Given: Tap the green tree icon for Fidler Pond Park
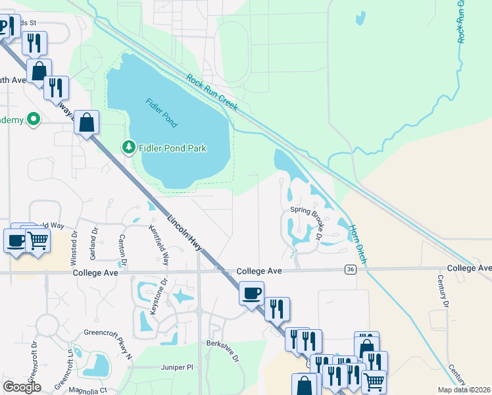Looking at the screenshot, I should click(129, 147).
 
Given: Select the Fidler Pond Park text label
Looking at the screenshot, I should click(172, 148).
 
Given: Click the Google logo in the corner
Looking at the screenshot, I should click(22, 387).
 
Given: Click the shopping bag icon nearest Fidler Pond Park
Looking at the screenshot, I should click(87, 122).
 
